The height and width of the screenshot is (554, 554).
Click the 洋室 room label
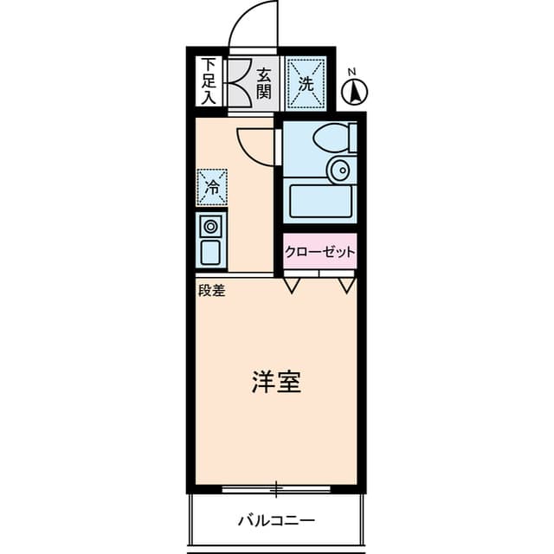(276, 382)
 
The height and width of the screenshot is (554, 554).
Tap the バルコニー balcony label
(276, 521)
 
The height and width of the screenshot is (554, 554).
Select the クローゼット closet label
(319, 252)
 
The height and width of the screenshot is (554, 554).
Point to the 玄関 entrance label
(264, 84)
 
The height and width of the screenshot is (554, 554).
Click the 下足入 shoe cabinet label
(209, 81)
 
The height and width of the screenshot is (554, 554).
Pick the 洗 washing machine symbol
(306, 84)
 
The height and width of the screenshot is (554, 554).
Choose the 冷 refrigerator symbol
(212, 187)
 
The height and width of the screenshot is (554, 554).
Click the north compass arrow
(354, 93)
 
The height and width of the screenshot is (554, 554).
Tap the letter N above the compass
(351, 73)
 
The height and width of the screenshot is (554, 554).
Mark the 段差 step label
(212, 291)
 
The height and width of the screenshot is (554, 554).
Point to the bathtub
(321, 202)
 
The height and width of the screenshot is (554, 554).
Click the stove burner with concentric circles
(211, 226)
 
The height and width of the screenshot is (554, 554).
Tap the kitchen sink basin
(210, 252)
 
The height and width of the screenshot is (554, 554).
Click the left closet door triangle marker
(292, 286)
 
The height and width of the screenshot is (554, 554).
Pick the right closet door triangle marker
(347, 286)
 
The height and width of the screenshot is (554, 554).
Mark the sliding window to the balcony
(276, 489)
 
